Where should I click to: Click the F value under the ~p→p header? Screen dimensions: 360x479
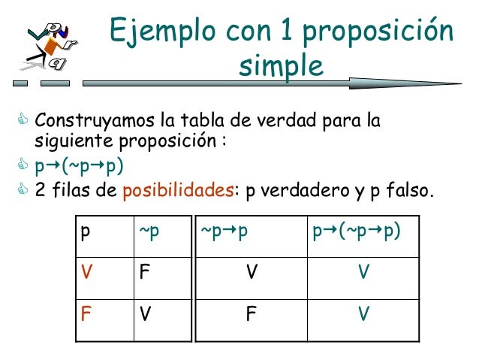[x=252, y=311]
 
